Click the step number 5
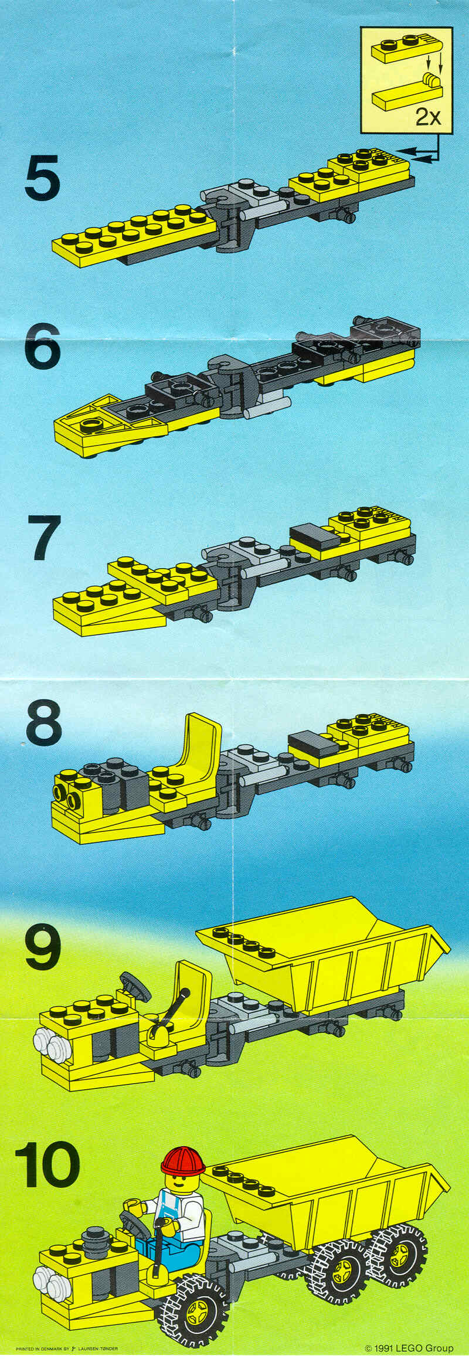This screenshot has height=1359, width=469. [42, 175]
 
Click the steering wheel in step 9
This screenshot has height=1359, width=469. [135, 986]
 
